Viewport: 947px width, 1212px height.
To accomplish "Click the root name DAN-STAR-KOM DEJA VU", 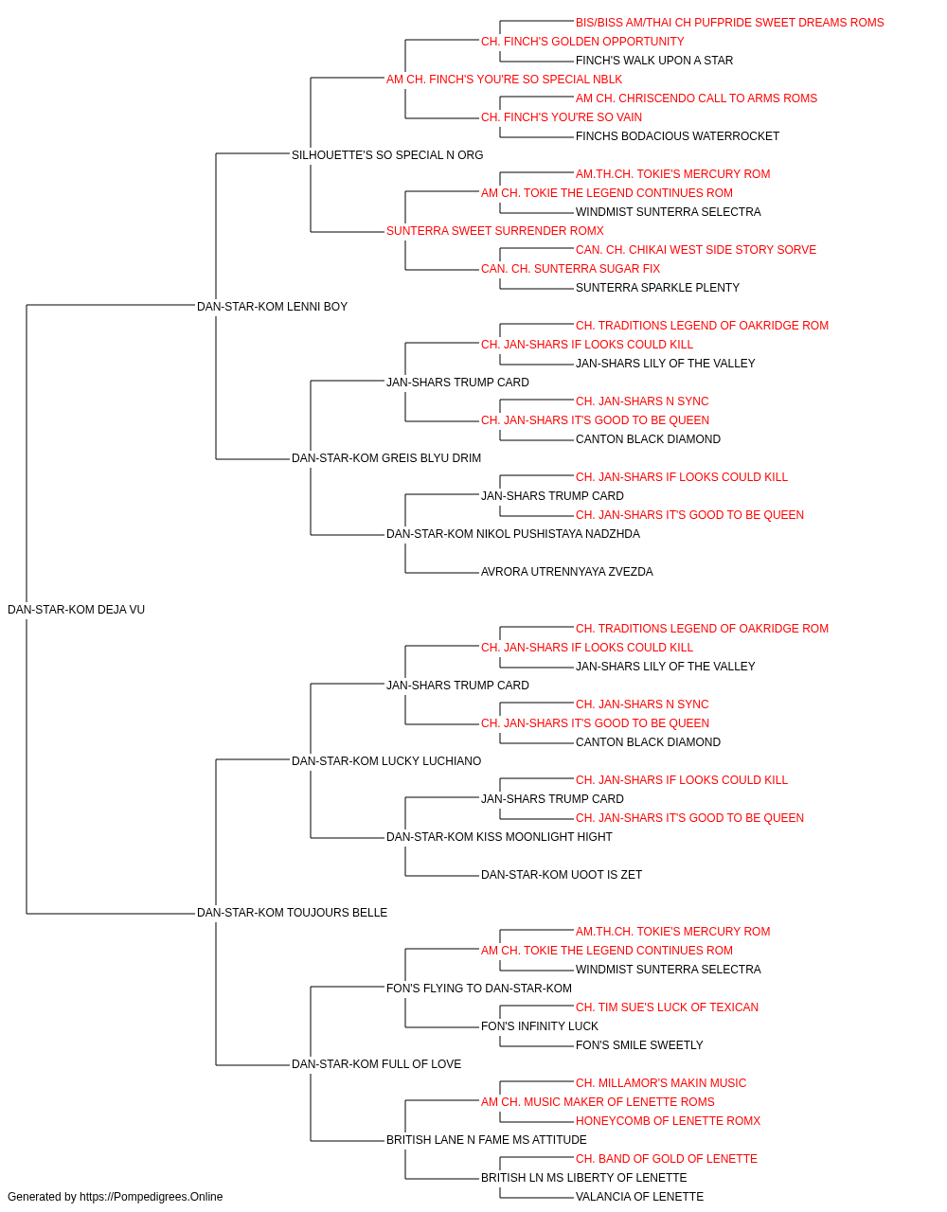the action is tap(76, 610).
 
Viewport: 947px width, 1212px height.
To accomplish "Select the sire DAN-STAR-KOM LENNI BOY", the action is tap(272, 306).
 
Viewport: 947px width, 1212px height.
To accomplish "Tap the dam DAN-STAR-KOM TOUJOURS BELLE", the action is tap(292, 913).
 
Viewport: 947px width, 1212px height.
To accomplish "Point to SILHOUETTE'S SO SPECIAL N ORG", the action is tap(387, 155).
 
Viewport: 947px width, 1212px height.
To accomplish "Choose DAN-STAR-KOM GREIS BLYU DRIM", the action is tap(386, 458).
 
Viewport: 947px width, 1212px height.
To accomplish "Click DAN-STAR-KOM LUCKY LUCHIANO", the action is tap(386, 760).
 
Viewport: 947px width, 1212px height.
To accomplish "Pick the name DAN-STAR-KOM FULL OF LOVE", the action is tap(377, 1063).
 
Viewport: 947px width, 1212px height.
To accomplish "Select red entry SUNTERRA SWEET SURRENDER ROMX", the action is tap(494, 231).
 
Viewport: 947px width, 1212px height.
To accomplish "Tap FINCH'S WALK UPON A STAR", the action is tap(654, 61).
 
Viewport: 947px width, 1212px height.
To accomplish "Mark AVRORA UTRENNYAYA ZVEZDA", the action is tap(566, 572).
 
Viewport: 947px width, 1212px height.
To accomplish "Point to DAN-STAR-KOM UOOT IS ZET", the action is tap(561, 875).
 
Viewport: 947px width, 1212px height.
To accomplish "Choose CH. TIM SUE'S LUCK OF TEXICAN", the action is tap(667, 1007).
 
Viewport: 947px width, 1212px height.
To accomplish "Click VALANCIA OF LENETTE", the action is tap(640, 1197).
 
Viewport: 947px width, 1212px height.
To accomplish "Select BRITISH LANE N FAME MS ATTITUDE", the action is tap(487, 1139).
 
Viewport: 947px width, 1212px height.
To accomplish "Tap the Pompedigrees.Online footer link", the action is tap(151, 1197).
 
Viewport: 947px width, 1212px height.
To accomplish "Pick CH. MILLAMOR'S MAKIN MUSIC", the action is tap(661, 1082).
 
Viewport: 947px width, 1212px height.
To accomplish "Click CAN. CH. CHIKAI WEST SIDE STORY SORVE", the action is tap(695, 250).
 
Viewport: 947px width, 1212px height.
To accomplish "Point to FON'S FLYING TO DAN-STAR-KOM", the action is tap(479, 989).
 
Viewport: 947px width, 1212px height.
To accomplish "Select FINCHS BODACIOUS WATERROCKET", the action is tap(677, 136).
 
